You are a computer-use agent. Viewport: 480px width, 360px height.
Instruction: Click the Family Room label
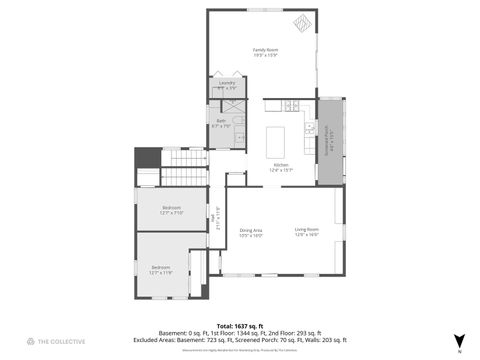(265, 49)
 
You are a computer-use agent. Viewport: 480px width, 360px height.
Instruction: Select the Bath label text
(221, 121)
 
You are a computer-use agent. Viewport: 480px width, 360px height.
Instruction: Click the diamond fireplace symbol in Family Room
(301, 24)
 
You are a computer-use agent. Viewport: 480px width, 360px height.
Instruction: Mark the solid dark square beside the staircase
(146, 157)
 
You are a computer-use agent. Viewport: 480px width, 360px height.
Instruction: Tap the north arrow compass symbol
(459, 340)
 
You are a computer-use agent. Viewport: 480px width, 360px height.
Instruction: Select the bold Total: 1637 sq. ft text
(240, 325)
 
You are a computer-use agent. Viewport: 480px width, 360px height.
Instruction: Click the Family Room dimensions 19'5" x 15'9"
(265, 55)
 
